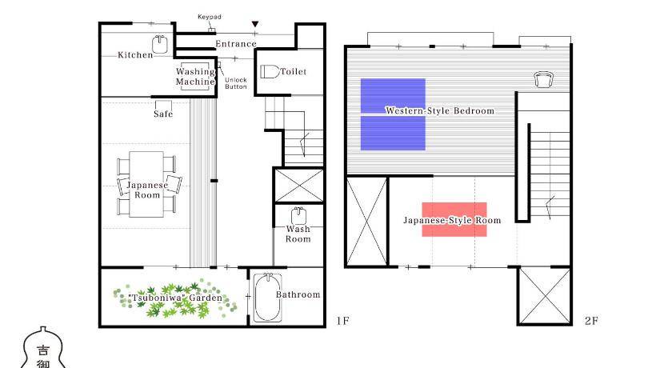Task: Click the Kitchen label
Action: [x=135, y=55]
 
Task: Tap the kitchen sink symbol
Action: [x=159, y=44]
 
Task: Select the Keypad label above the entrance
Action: [x=209, y=17]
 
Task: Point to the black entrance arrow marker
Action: [x=255, y=25]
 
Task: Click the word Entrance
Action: [x=236, y=44]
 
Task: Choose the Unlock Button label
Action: [x=236, y=83]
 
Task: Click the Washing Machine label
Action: [x=195, y=77]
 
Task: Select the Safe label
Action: [x=163, y=114]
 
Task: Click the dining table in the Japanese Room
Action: [x=146, y=184]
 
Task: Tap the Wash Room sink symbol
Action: [x=298, y=216]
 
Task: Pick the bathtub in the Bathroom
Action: [x=268, y=298]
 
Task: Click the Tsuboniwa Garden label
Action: [x=175, y=298]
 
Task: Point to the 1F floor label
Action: [x=342, y=321]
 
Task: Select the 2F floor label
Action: [x=591, y=321]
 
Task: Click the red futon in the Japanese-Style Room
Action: [x=454, y=219]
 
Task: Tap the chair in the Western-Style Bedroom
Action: [x=544, y=79]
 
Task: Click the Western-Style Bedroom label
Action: [x=440, y=110]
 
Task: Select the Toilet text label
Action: [x=294, y=71]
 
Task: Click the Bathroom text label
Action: [x=298, y=294]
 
